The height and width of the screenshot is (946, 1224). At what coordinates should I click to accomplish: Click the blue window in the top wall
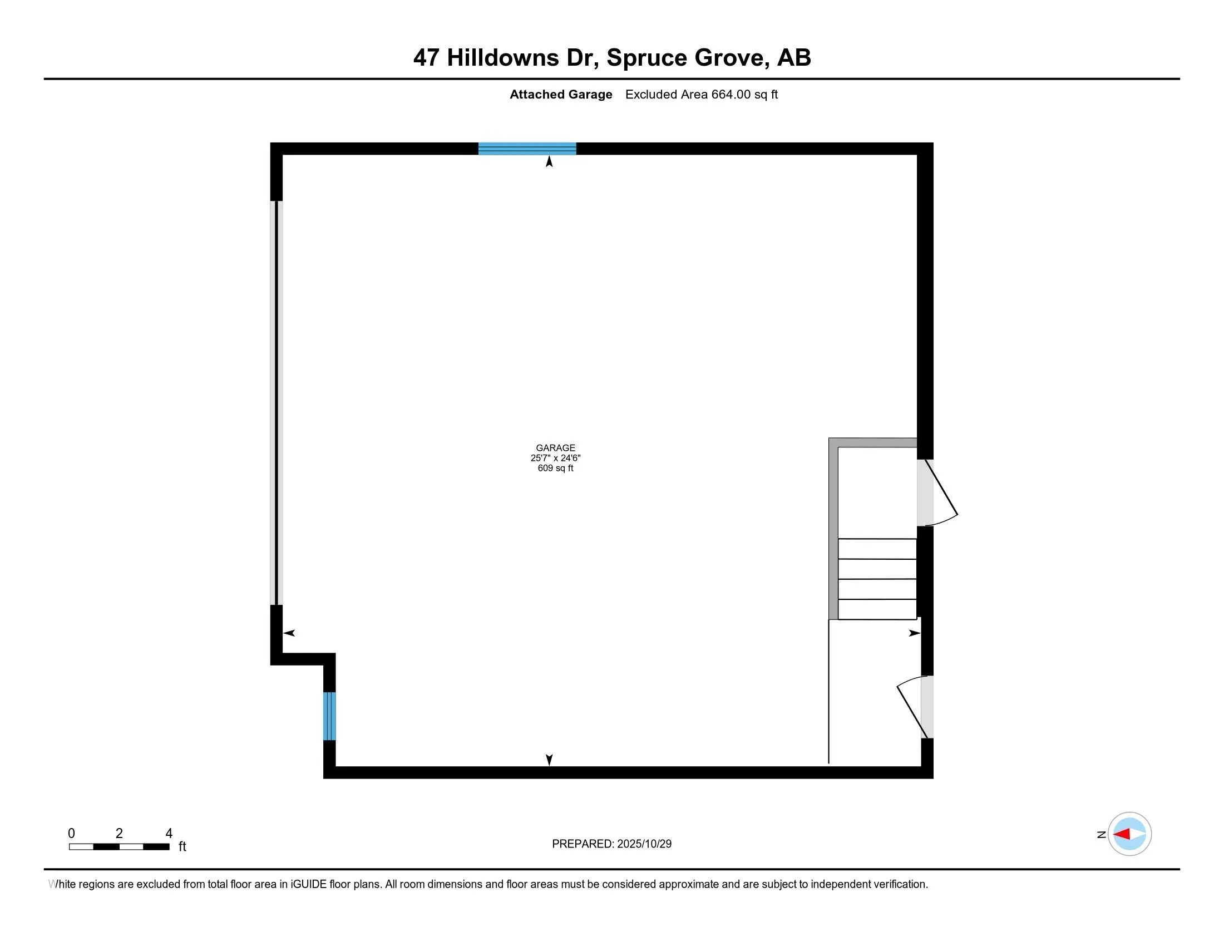tap(527, 149)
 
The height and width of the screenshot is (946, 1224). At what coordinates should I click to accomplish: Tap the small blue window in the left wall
tap(329, 716)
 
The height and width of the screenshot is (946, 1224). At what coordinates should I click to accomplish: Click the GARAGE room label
tap(555, 448)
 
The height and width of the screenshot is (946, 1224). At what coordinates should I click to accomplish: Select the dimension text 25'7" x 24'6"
tap(555, 458)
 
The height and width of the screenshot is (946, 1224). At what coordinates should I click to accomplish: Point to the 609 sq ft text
tap(555, 468)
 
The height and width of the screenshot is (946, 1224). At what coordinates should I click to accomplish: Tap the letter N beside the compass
tap(1100, 835)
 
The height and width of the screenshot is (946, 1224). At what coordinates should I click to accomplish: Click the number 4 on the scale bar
tap(169, 834)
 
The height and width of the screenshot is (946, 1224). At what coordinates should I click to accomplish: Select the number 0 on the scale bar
tap(71, 834)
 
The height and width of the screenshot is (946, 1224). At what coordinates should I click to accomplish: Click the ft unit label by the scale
tap(182, 846)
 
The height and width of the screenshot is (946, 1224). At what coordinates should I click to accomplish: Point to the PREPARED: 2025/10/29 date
tap(611, 844)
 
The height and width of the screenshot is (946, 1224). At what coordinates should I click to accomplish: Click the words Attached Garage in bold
tap(560, 95)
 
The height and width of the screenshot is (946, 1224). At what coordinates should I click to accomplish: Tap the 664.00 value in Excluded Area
tap(731, 95)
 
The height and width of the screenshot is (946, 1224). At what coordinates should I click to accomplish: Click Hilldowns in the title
tap(503, 58)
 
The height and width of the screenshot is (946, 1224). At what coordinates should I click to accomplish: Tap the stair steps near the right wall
tap(876, 579)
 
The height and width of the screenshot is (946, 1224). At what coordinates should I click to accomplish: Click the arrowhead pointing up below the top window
tap(549, 162)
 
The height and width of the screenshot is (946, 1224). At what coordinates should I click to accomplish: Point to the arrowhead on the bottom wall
tap(549, 760)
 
